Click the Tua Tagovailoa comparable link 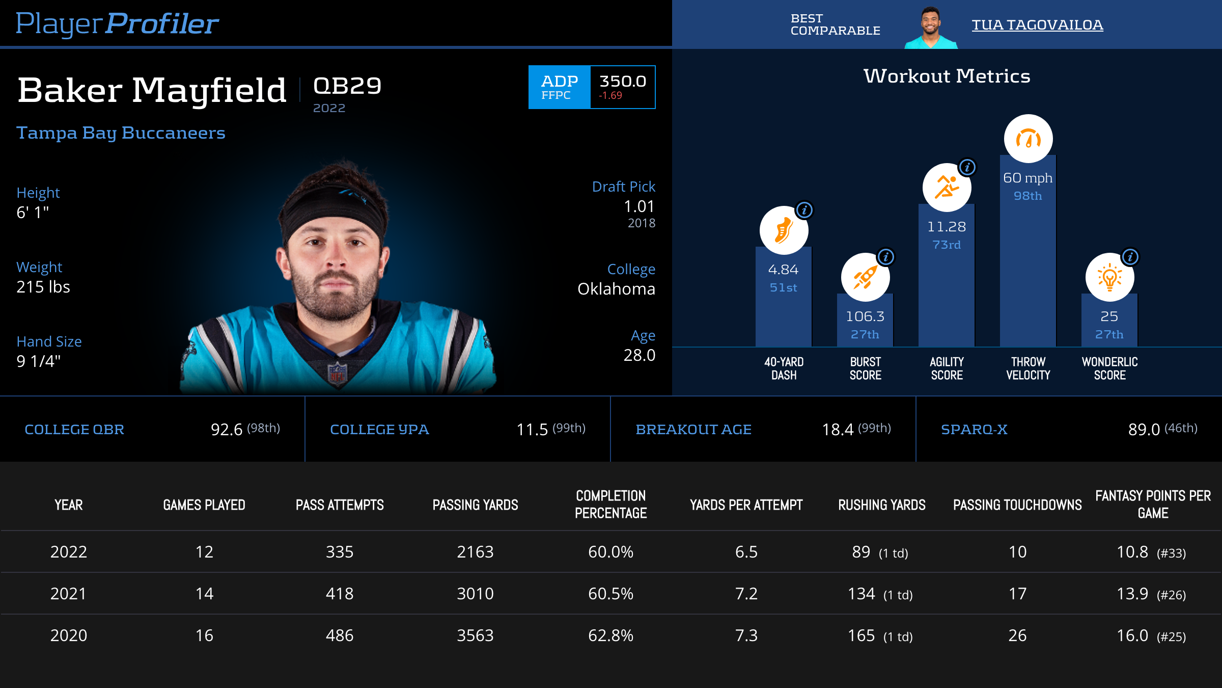click(x=1037, y=25)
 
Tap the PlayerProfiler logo click(x=117, y=24)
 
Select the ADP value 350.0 click(x=623, y=82)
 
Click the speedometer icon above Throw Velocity click(x=1028, y=139)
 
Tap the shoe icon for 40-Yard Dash click(x=784, y=230)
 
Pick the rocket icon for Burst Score click(x=865, y=277)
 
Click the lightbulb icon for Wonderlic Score click(x=1109, y=277)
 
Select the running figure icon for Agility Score click(x=947, y=188)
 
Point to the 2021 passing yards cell click(x=475, y=594)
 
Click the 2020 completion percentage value click(x=610, y=636)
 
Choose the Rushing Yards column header click(x=882, y=505)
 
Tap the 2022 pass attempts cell click(x=340, y=552)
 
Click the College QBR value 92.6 click(x=227, y=430)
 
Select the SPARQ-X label click(x=974, y=430)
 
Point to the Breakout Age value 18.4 click(x=838, y=430)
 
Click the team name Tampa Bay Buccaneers click(x=121, y=133)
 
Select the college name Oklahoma click(x=616, y=289)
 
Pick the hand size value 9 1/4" click(x=39, y=361)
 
